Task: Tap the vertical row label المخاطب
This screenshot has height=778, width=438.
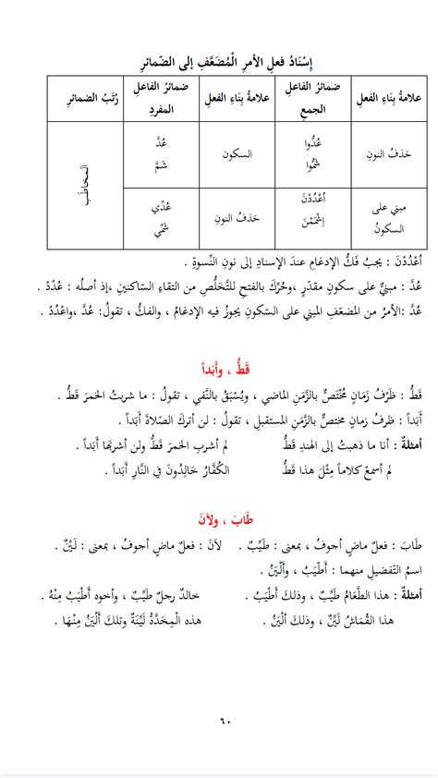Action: (x=81, y=188)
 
